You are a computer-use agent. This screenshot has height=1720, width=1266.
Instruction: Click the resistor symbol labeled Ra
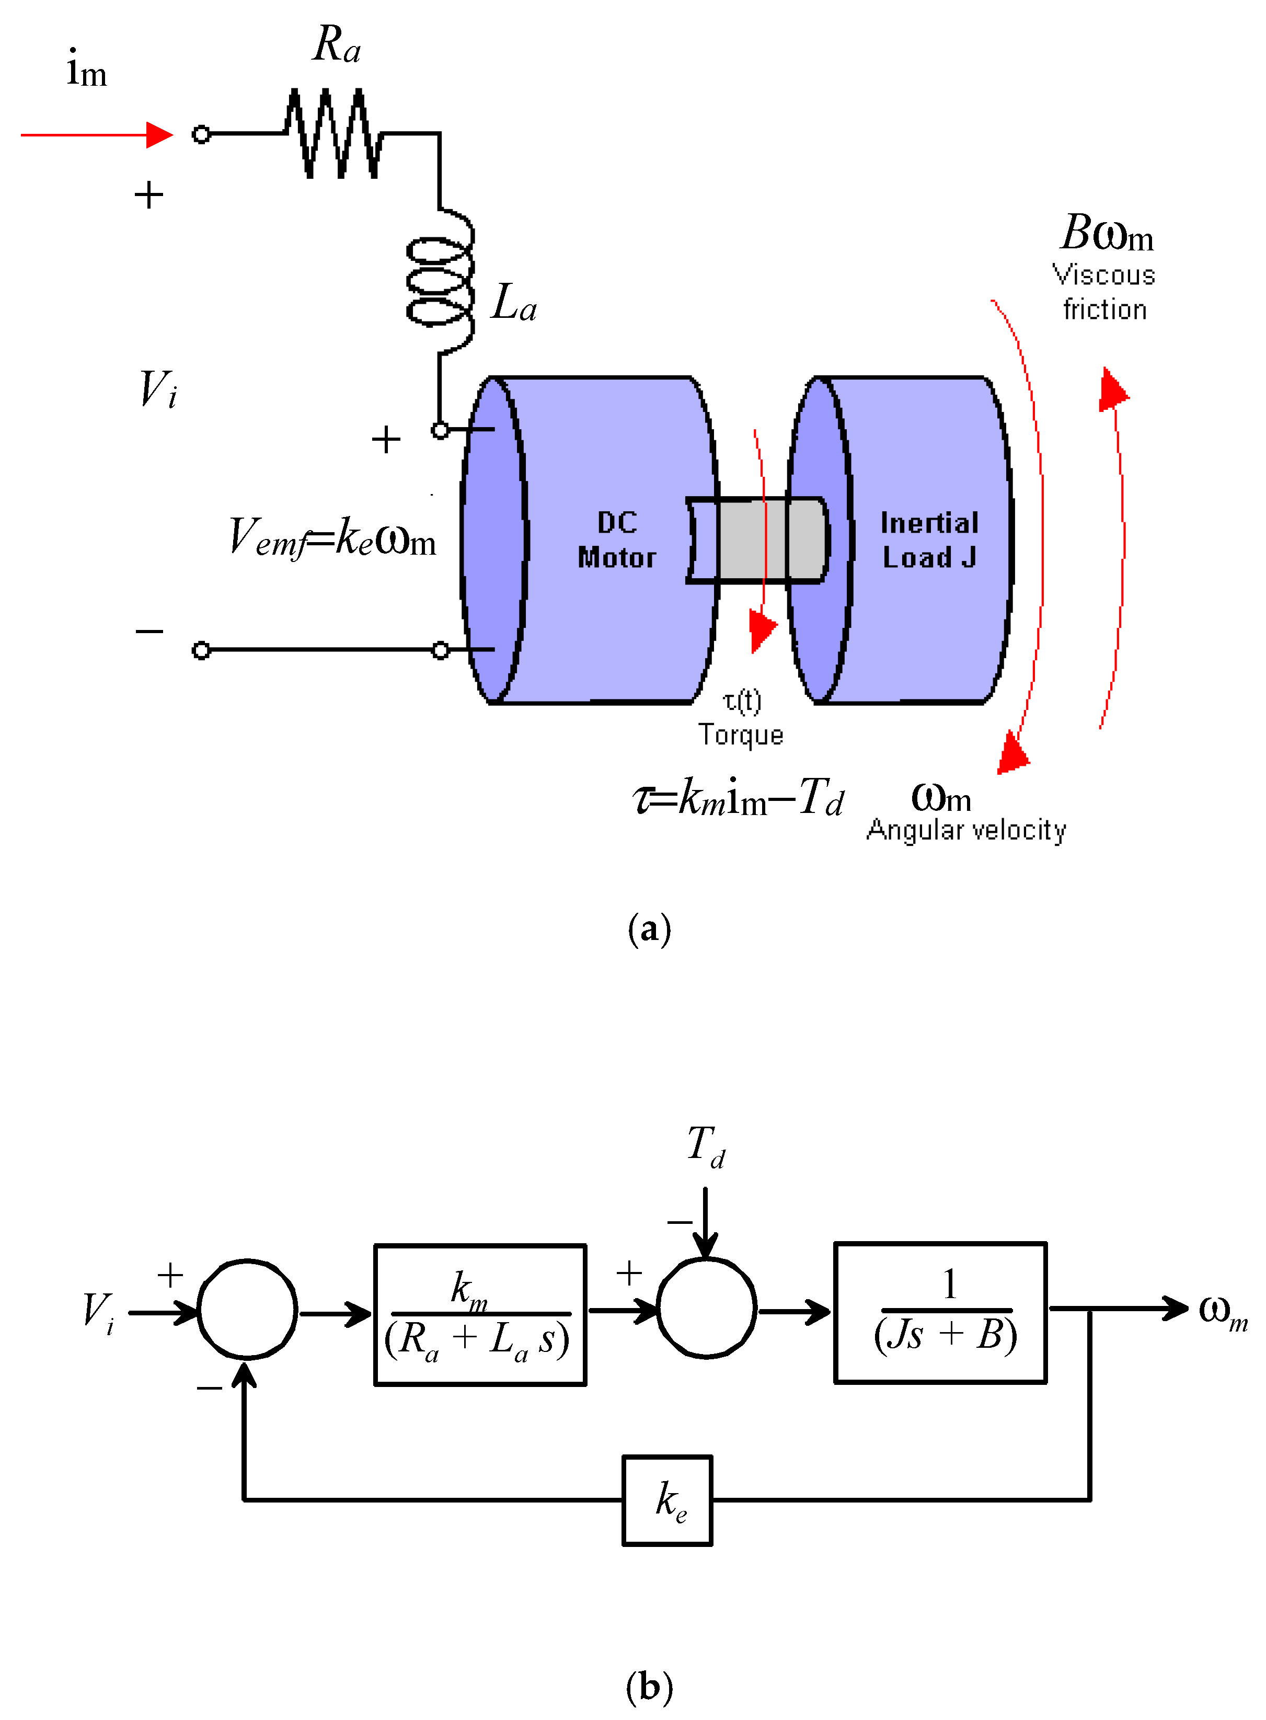coord(333,134)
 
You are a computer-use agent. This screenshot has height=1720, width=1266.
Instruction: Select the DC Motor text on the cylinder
coord(617,540)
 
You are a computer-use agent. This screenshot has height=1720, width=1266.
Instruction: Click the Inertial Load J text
coord(929,540)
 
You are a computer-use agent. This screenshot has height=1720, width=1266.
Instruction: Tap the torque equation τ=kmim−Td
coord(738,797)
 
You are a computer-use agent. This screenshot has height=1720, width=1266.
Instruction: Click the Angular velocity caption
coord(965,830)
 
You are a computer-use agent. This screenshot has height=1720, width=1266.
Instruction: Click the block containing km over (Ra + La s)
coord(480,1314)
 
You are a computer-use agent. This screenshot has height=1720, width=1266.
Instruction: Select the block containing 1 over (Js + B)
coord(940,1312)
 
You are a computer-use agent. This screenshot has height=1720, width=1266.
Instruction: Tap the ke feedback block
coord(667,1499)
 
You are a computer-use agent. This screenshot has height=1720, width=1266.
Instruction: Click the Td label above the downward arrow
coord(706,1146)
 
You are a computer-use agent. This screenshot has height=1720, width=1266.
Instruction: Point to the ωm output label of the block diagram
coord(1222,1312)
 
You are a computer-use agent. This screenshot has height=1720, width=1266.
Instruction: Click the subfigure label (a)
coord(649,929)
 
